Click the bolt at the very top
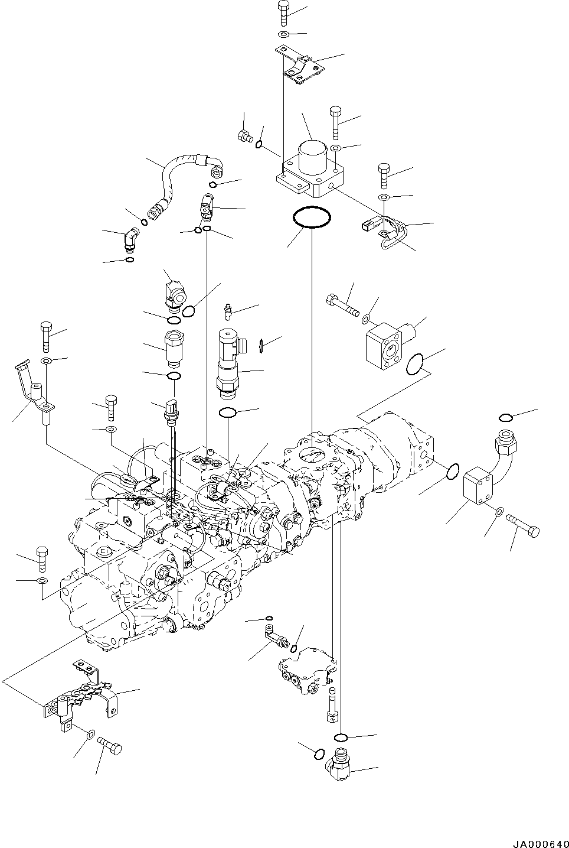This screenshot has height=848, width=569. (283, 12)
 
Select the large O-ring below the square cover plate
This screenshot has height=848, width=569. (311, 217)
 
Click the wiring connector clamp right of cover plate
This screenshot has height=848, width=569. (383, 232)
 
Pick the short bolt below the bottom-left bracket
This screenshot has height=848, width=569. (109, 745)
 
